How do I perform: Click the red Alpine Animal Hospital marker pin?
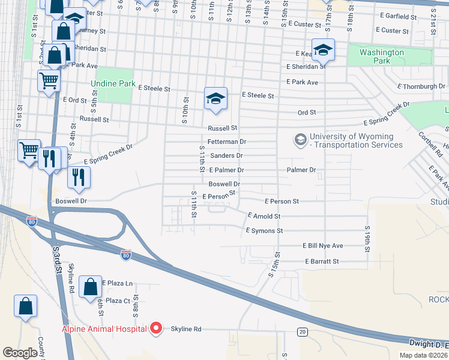[x=156, y=328]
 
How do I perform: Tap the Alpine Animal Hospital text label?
[x=104, y=329]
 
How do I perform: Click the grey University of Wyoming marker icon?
[x=300, y=140]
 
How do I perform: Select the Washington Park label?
[x=382, y=56]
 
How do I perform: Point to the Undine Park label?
[x=113, y=84]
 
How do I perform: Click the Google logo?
[x=20, y=353]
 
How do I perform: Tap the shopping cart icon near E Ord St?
[x=49, y=79]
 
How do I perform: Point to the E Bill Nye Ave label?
[x=322, y=246]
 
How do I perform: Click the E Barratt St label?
[x=322, y=262]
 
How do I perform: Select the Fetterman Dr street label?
[x=227, y=142]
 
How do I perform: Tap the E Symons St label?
[x=264, y=230]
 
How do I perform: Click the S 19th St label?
[x=366, y=237]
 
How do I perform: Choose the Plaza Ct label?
[x=118, y=301]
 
